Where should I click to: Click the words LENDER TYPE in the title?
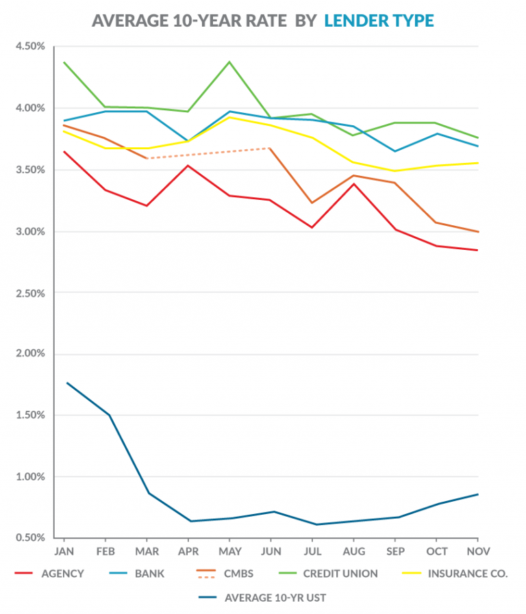(379, 21)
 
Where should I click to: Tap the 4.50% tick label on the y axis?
(29, 47)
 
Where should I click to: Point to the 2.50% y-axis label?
(29, 293)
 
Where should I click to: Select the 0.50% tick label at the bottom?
(29, 538)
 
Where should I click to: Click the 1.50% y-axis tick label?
(29, 415)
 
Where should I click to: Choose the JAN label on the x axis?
(64, 551)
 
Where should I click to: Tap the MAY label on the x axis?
(229, 551)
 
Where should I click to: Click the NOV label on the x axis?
(478, 551)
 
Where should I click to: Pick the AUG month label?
(353, 551)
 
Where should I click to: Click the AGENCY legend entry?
(61, 574)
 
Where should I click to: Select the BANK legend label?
(149, 574)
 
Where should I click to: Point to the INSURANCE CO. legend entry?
(468, 574)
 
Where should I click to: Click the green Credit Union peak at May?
(229, 62)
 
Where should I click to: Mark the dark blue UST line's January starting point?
(66, 383)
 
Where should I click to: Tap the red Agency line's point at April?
(188, 166)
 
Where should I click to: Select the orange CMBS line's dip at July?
(312, 203)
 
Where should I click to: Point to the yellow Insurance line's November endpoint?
(478, 163)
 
